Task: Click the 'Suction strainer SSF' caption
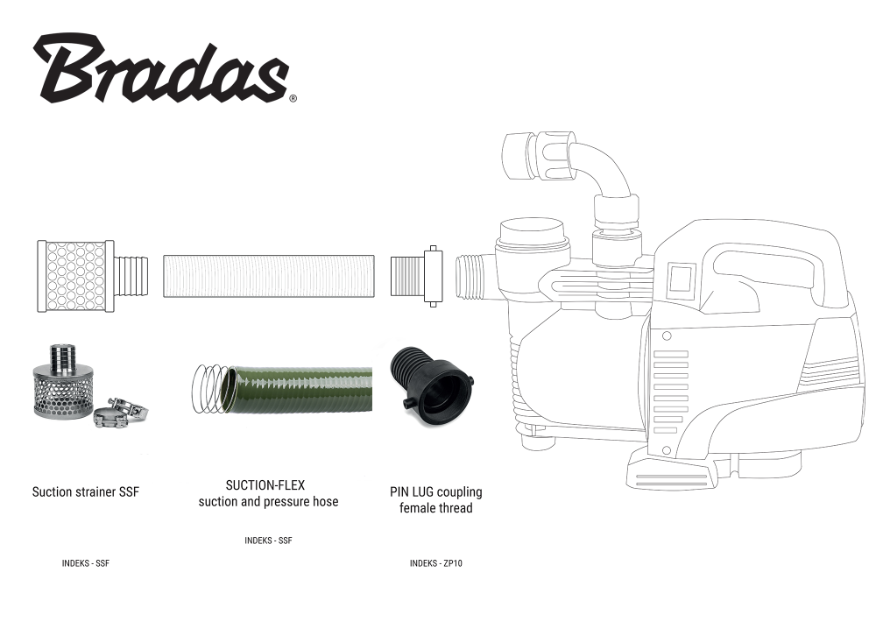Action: pos(86,492)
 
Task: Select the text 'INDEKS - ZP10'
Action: pos(435,563)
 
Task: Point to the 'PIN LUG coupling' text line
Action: pos(435,492)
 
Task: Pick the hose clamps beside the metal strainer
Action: pos(121,412)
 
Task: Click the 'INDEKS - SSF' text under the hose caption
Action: pos(268,541)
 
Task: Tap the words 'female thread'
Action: pos(435,508)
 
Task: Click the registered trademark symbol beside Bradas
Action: pos(293,99)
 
